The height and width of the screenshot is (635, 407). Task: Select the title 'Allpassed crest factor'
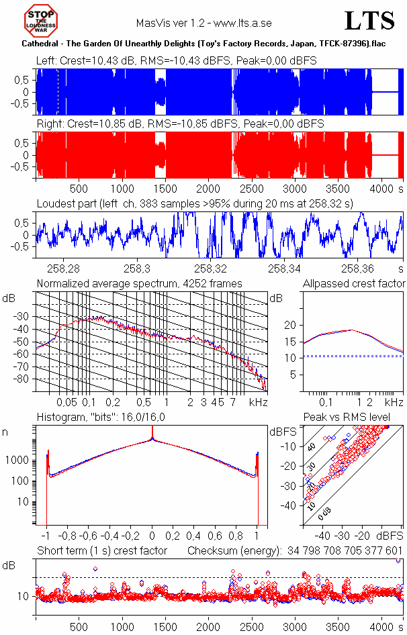(x=354, y=284)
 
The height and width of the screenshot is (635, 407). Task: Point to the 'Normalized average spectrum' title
(x=139, y=284)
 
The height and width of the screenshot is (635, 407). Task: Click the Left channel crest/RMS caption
(x=177, y=60)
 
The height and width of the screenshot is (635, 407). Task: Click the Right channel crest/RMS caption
(x=180, y=124)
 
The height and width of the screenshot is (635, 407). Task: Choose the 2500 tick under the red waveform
(x=252, y=189)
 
